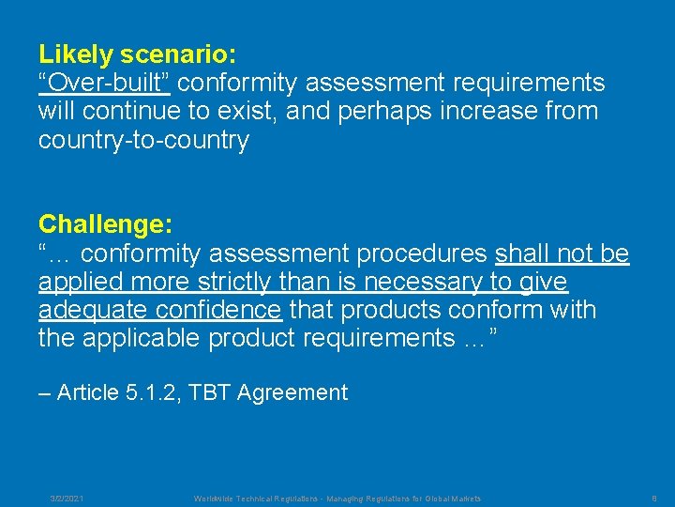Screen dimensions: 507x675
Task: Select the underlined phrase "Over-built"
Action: (x=104, y=83)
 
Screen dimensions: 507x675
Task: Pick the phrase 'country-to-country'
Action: (x=143, y=141)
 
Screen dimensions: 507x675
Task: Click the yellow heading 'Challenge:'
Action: (x=105, y=224)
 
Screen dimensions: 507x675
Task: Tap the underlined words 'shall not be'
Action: (x=562, y=253)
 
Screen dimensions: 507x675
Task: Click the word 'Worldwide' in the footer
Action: (x=215, y=499)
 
